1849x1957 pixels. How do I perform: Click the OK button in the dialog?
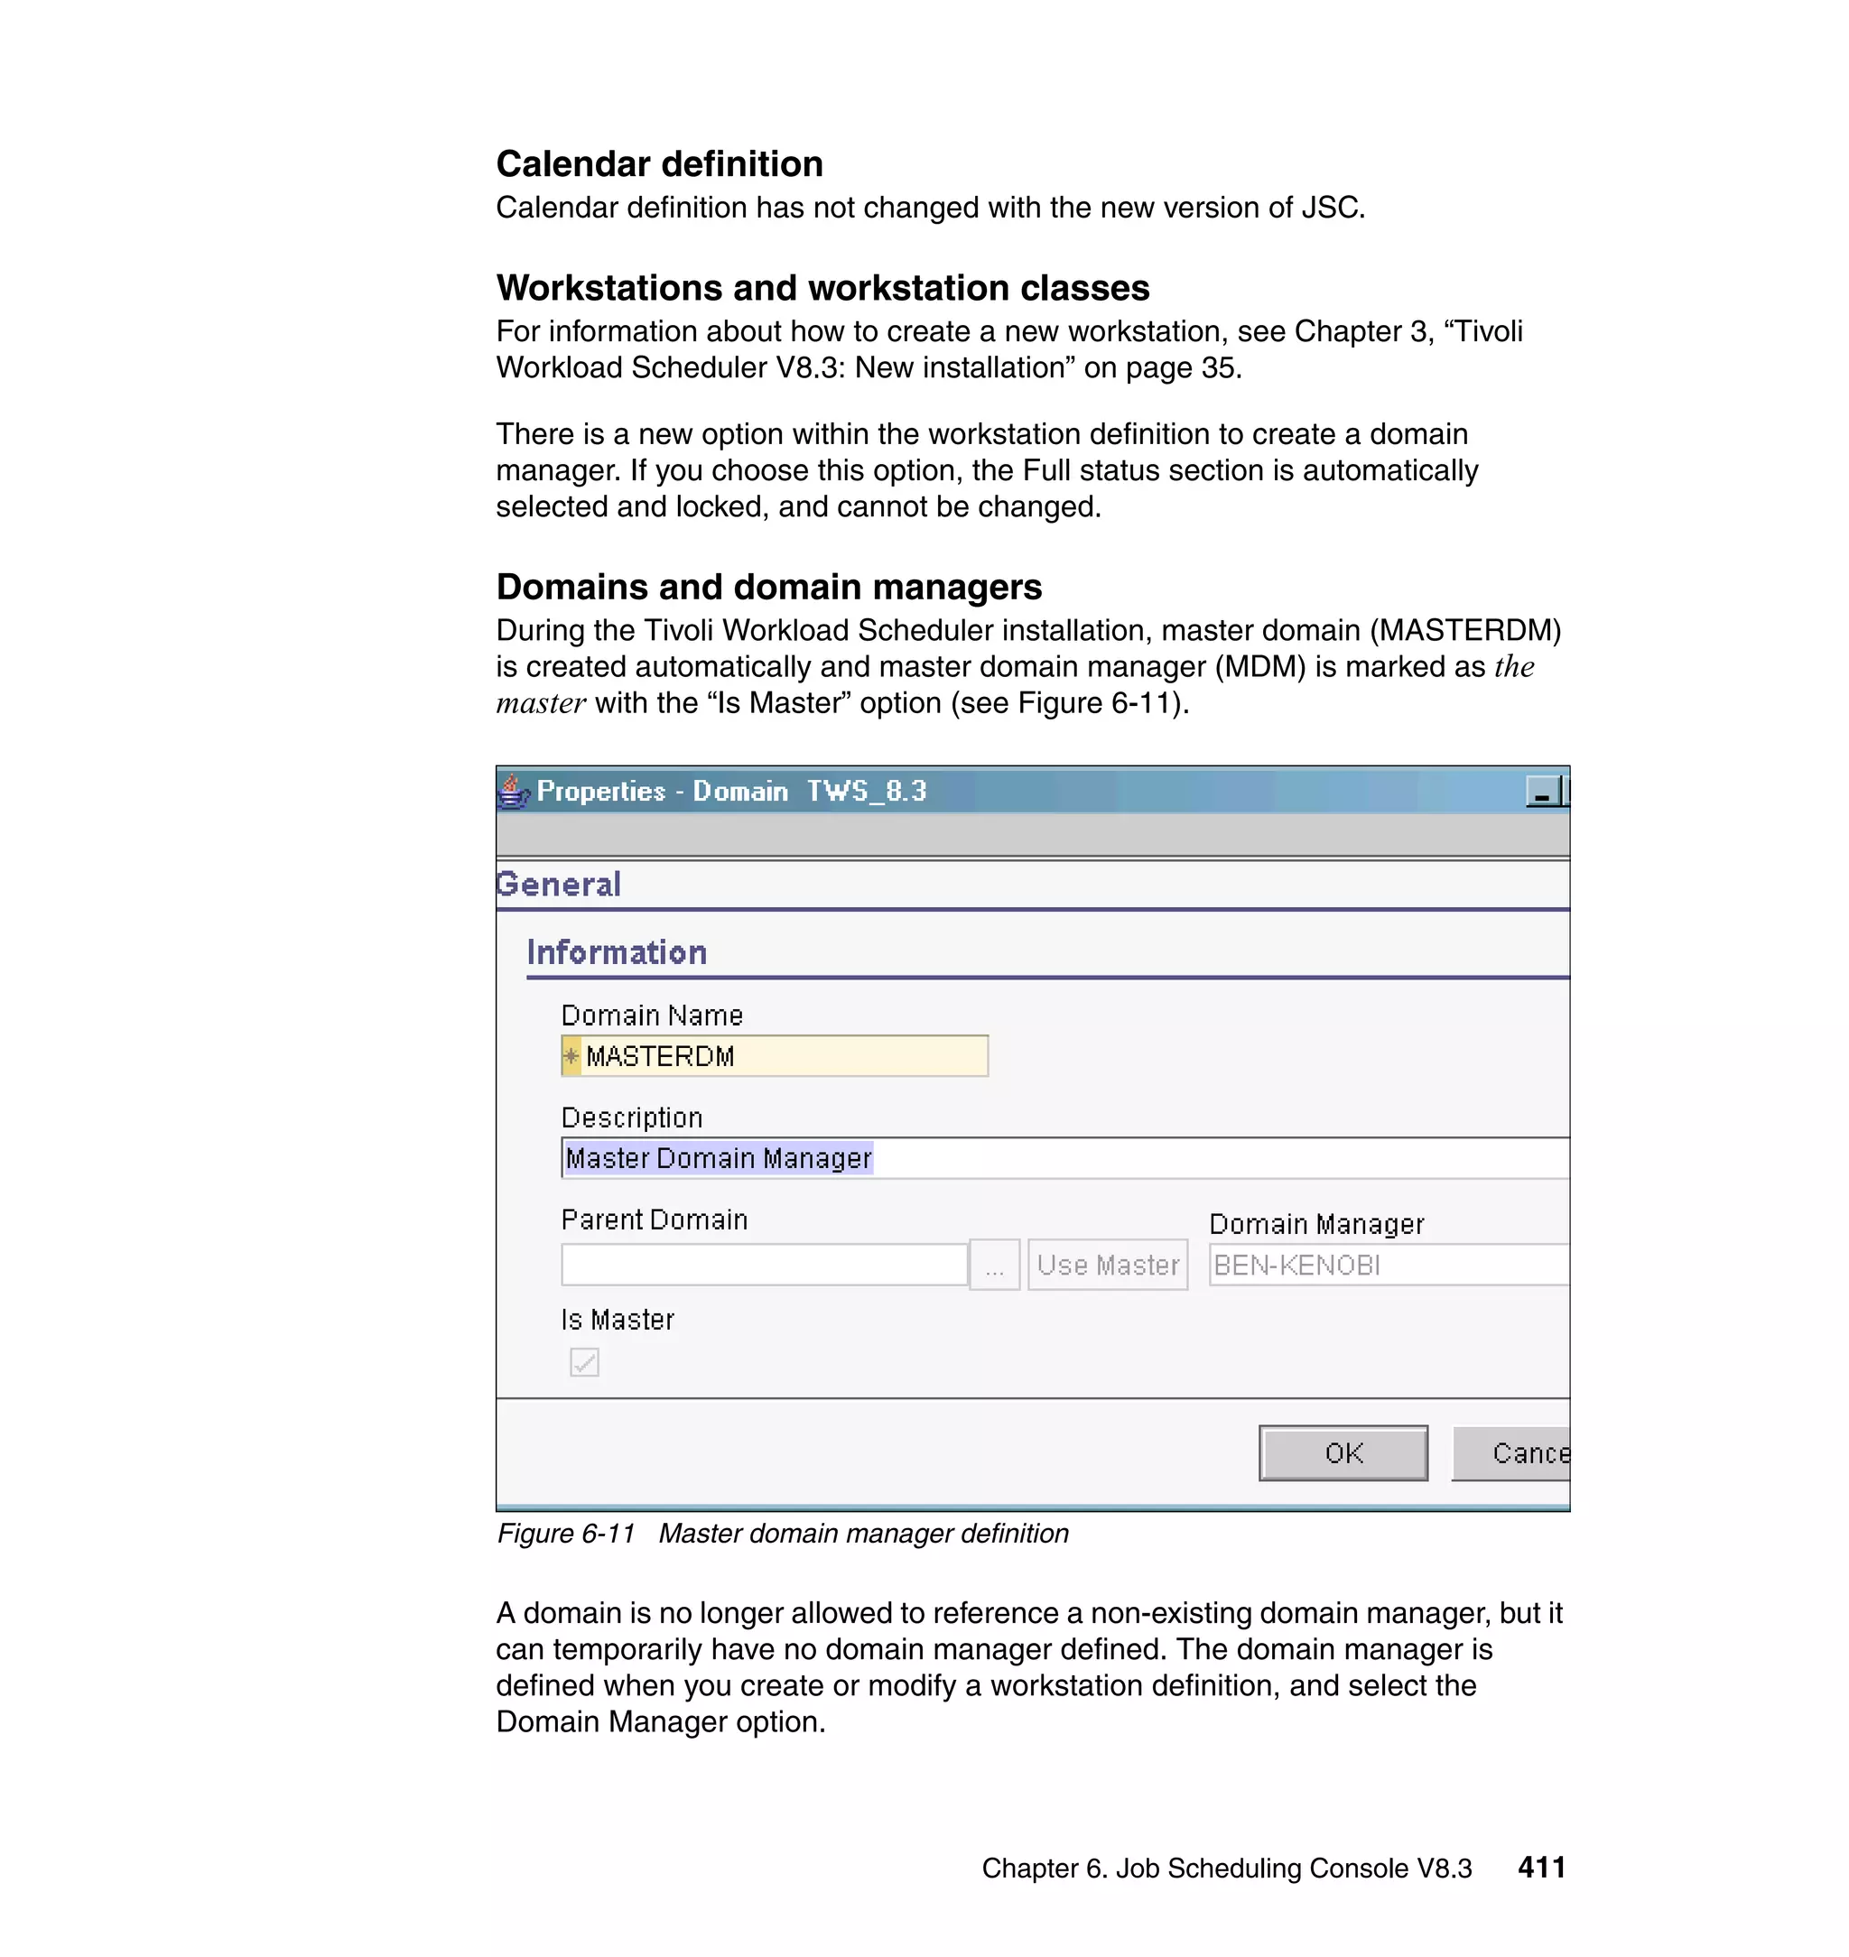[1343, 1452]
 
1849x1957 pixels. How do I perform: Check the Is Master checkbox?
[583, 1362]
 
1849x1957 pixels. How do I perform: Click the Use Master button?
[1107, 1265]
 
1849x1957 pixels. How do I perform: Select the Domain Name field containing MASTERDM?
[775, 1055]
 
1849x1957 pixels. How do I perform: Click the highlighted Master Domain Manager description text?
[719, 1158]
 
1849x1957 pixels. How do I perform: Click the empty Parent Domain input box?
[764, 1265]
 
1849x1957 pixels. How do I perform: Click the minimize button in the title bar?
[1541, 792]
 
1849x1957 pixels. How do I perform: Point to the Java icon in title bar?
[513, 792]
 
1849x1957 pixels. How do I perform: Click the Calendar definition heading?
[659, 163]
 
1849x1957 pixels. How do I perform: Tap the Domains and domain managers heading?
[769, 587]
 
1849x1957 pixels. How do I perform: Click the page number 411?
[1541, 1867]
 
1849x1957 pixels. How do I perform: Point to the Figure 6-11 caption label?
[566, 1534]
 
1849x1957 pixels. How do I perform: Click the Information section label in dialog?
[617, 952]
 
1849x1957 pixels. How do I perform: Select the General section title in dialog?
[559, 884]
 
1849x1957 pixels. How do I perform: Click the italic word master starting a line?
[540, 703]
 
